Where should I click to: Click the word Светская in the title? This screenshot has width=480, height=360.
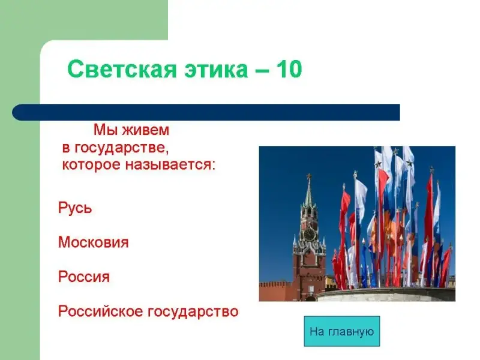122,69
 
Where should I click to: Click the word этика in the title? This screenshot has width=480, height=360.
216,70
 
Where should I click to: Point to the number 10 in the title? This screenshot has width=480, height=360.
289,68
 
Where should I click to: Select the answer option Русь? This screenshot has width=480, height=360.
75,208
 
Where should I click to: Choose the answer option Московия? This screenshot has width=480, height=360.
94,242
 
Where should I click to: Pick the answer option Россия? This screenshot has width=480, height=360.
84,277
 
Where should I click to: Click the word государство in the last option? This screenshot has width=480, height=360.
193,312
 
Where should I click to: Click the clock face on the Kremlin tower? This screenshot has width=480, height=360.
309,235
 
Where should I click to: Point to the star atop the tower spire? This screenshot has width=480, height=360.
309,176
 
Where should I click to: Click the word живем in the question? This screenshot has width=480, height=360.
145,130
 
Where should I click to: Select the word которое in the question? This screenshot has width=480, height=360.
91,165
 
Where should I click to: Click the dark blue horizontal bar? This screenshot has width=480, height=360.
206,112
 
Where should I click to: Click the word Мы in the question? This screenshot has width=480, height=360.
106,130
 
